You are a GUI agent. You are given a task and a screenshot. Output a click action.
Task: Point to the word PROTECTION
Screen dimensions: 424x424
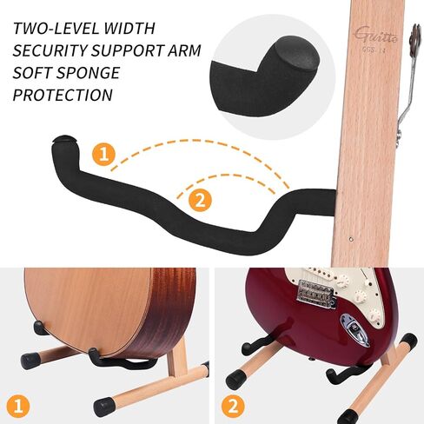[x=63, y=95]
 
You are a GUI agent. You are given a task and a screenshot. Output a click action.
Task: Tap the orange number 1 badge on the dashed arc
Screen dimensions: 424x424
[x=103, y=156]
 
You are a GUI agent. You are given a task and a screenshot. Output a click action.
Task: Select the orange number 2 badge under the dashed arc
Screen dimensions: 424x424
[x=199, y=201]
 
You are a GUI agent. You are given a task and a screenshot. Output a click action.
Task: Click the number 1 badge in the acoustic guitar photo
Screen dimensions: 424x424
[x=17, y=405]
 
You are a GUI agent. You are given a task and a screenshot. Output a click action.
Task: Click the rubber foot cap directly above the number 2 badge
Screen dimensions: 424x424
[x=235, y=380]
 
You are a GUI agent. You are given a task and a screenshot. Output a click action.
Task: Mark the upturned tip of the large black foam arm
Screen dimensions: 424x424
[x=63, y=140]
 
